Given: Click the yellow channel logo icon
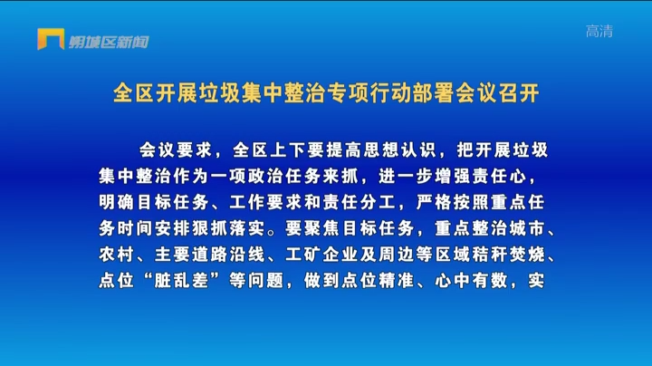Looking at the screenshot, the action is (x=51, y=39).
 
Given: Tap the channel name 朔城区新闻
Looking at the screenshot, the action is (x=109, y=42).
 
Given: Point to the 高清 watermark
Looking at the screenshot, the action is (x=599, y=31).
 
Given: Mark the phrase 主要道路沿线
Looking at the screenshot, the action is (x=210, y=255).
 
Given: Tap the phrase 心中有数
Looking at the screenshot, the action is (x=472, y=281).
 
